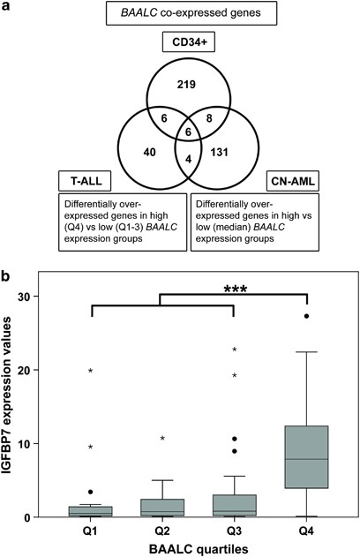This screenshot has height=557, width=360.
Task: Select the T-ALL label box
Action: (x=84, y=177)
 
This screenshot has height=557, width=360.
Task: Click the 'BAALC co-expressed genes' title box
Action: (x=179, y=13)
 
